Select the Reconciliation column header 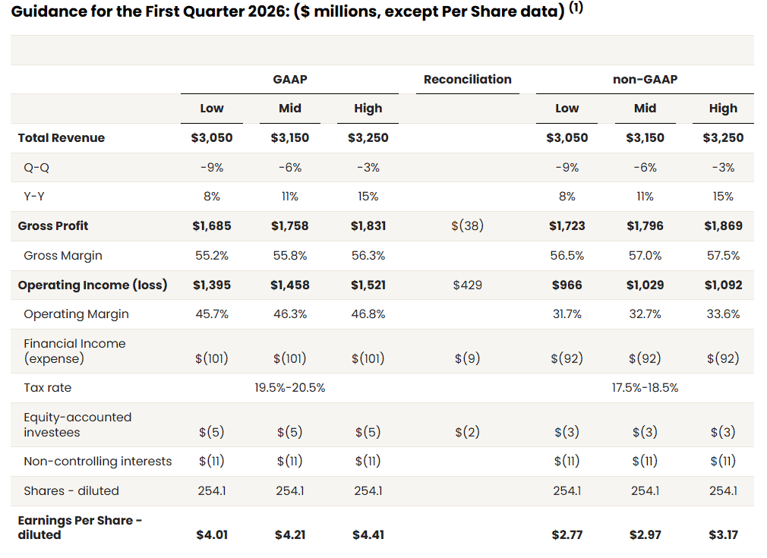(x=467, y=79)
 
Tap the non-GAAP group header (x=645, y=79)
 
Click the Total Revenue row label (x=62, y=137)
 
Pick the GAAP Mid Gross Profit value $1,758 (x=290, y=225)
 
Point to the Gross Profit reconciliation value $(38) (x=467, y=225)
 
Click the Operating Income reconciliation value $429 (x=467, y=285)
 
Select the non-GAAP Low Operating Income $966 (x=567, y=285)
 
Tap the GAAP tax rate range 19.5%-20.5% (x=290, y=387)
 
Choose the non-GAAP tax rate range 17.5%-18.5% (x=645, y=387)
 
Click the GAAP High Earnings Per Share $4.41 (x=368, y=534)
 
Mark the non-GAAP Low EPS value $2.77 (x=567, y=534)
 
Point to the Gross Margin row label (x=63, y=255)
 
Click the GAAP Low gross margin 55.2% (x=212, y=255)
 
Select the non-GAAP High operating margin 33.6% (x=723, y=314)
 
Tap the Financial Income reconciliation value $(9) (x=467, y=358)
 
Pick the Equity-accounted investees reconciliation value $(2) (x=467, y=432)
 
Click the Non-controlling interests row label (x=98, y=461)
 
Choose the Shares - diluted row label (x=71, y=490)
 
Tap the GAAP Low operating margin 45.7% (x=212, y=314)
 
